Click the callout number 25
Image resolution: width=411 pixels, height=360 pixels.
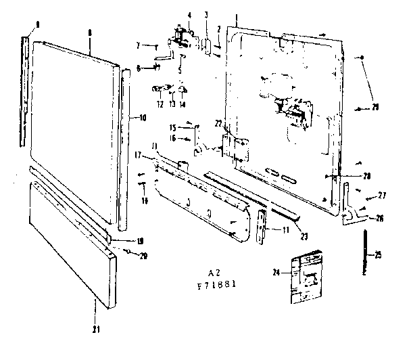(x=379, y=254)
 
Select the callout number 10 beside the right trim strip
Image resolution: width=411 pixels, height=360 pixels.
(x=143, y=118)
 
